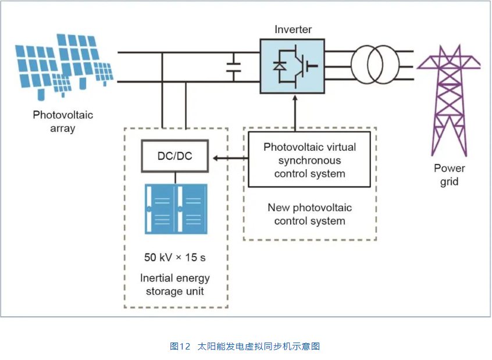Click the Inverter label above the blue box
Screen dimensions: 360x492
coord(293,29)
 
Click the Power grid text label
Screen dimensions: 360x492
coord(449,175)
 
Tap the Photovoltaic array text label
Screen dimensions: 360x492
coord(63,122)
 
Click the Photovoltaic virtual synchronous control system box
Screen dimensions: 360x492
coord(309,160)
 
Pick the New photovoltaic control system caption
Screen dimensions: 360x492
coord(309,214)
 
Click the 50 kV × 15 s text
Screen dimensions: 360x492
coord(175,256)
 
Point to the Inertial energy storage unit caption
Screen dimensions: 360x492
coord(175,284)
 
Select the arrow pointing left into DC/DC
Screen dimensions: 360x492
coord(227,157)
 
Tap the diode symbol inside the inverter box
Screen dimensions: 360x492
coord(279,66)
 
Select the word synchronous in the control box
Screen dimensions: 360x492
coord(309,160)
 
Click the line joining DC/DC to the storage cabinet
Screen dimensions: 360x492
coord(174,177)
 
